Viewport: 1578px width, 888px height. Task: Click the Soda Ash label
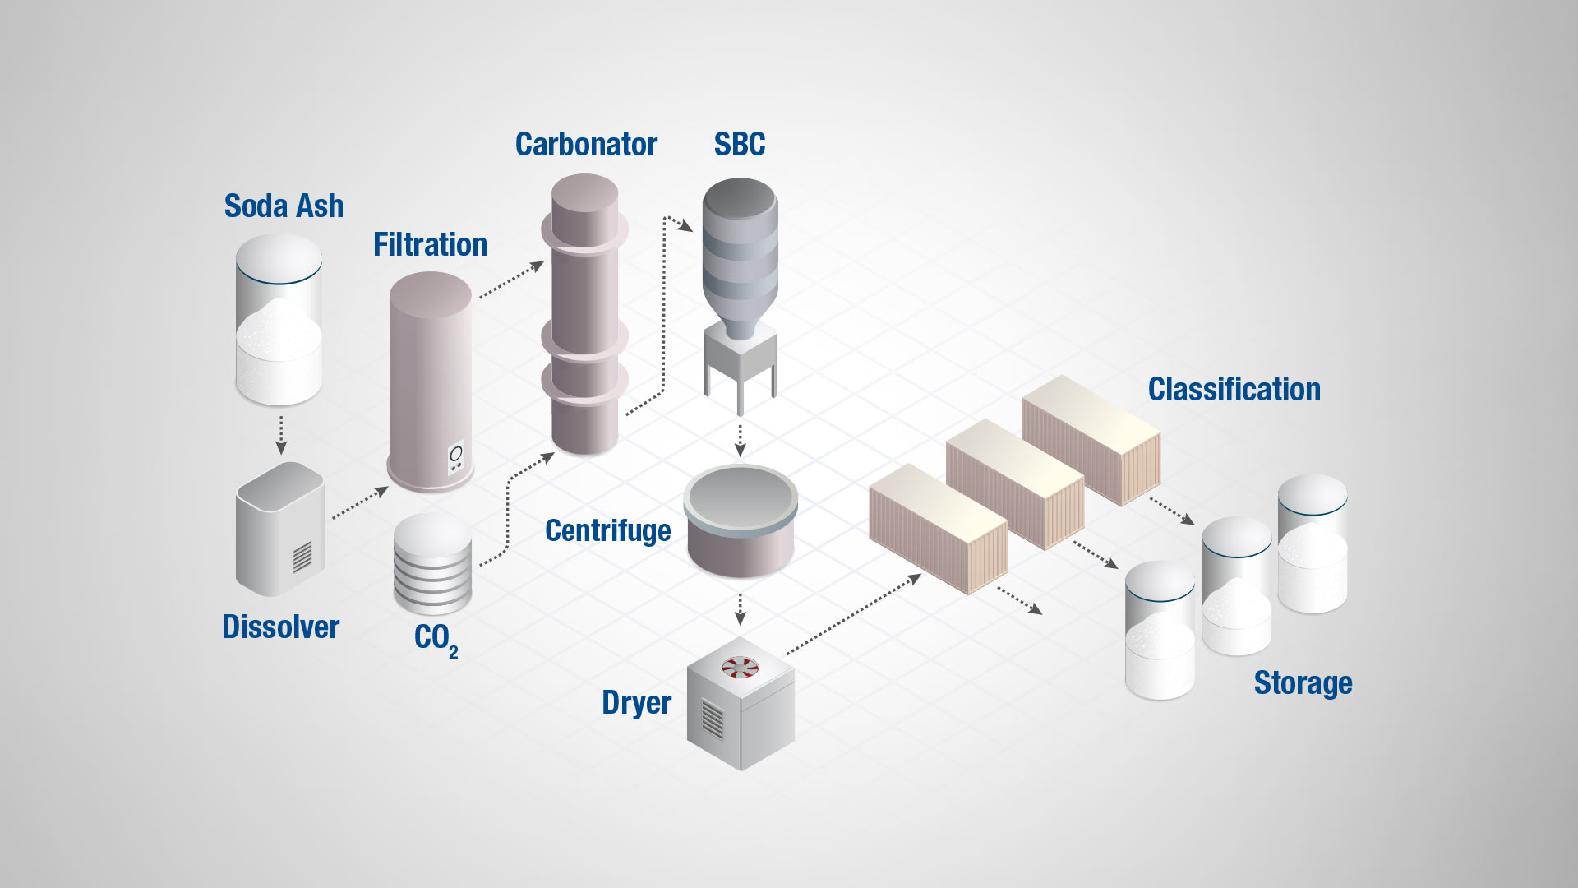pyautogui.click(x=284, y=206)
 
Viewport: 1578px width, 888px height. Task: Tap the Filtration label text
pyautogui.click(x=430, y=244)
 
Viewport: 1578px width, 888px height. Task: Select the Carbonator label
pyautogui.click(x=586, y=144)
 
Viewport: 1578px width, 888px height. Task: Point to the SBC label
pyautogui.click(x=739, y=144)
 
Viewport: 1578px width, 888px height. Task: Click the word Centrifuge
pyautogui.click(x=607, y=530)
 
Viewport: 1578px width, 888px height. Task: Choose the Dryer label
pyautogui.click(x=636, y=703)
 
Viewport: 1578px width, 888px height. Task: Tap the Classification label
pyautogui.click(x=1234, y=389)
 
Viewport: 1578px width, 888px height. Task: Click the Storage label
pyautogui.click(x=1303, y=682)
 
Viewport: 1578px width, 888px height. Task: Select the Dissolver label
pyautogui.click(x=280, y=627)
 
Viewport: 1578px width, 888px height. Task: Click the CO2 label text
pyautogui.click(x=434, y=638)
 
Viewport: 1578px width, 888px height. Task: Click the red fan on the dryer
pyautogui.click(x=740, y=667)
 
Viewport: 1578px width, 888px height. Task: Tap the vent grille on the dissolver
pyautogui.click(x=302, y=557)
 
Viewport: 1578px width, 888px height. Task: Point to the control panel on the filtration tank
pyautogui.click(x=455, y=457)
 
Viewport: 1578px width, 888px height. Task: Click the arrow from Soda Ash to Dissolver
pyautogui.click(x=281, y=435)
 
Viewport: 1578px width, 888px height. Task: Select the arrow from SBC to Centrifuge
pyautogui.click(x=740, y=440)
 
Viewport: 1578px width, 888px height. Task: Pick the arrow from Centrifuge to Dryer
pyautogui.click(x=740, y=609)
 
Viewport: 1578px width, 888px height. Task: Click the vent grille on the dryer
pyautogui.click(x=713, y=719)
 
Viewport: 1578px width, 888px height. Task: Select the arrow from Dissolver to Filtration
pyautogui.click(x=359, y=502)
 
